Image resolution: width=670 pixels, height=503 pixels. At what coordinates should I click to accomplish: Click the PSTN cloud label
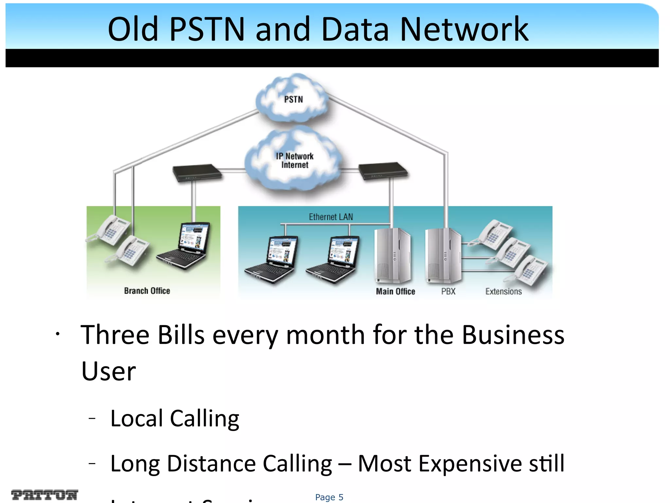pyautogui.click(x=293, y=99)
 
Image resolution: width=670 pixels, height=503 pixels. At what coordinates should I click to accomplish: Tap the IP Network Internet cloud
pyautogui.click(x=294, y=161)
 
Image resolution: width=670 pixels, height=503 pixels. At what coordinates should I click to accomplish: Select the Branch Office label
pyautogui.click(x=147, y=291)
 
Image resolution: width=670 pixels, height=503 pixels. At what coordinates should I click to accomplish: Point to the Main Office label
pyautogui.click(x=395, y=291)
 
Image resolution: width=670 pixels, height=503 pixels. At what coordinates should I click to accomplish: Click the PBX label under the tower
pyautogui.click(x=448, y=291)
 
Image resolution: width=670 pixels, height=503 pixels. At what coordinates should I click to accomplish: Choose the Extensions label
pyautogui.click(x=503, y=291)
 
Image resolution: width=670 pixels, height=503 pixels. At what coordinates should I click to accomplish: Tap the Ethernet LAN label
pyautogui.click(x=331, y=217)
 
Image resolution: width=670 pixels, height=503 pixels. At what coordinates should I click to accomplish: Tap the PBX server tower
pyautogui.click(x=443, y=255)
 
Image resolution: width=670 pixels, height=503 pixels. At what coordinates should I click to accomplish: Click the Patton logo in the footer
pyautogui.click(x=44, y=495)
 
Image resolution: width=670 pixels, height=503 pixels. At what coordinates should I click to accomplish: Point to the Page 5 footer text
pyautogui.click(x=329, y=497)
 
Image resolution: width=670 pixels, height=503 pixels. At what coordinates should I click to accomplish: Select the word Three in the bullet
pyautogui.click(x=115, y=335)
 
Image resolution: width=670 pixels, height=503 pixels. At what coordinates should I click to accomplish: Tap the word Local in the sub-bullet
pyautogui.click(x=137, y=419)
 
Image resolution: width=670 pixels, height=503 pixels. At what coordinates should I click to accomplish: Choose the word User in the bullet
pyautogui.click(x=108, y=371)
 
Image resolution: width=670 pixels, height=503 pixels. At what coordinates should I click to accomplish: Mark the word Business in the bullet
pyautogui.click(x=513, y=335)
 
